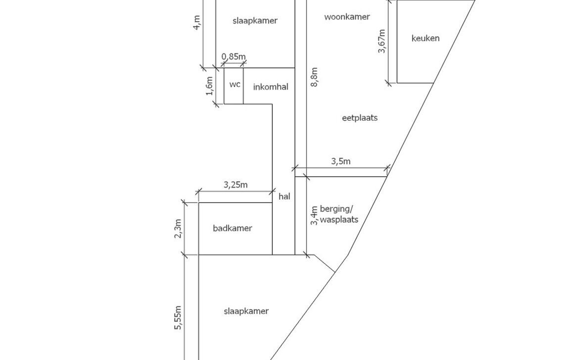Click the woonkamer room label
coord(347,17)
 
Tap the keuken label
coord(425,38)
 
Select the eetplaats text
coord(360,118)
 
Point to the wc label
coord(235,84)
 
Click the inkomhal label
coord(270,87)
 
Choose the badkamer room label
coord(232,228)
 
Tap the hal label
coord(284,197)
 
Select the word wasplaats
coord(339,219)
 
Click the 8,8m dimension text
coord(314,77)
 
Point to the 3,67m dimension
coord(381,42)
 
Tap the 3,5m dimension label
coord(340,161)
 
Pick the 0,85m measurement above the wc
coord(233,57)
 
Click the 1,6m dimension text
coord(209,85)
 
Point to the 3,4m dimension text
coord(313,216)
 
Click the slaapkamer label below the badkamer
coord(246,311)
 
